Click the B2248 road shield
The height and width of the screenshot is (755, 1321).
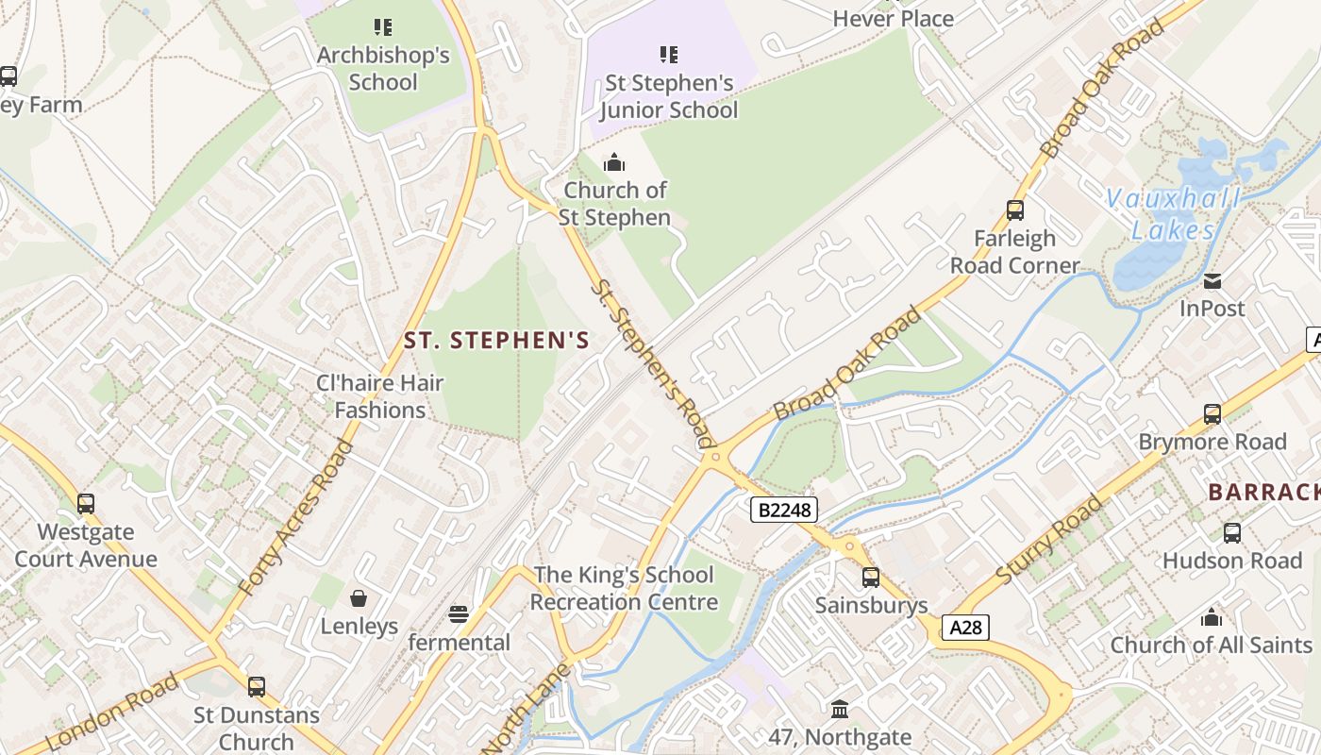tap(783, 511)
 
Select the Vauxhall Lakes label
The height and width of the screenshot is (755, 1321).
tap(1173, 214)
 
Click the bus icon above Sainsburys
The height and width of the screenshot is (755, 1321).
tap(871, 578)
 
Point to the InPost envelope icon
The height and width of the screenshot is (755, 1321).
tap(1212, 280)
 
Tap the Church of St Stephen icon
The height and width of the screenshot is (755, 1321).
tap(614, 162)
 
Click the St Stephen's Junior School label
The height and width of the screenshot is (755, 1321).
tap(668, 96)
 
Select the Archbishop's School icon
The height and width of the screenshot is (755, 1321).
tap(382, 27)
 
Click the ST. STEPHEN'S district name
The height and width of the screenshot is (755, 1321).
tap(496, 341)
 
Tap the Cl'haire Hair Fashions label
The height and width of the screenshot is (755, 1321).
tap(380, 396)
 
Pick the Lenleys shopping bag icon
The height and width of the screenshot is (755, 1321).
tap(359, 598)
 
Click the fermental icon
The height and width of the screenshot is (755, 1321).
tap(459, 615)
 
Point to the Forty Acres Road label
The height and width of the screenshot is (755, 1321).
tap(295, 517)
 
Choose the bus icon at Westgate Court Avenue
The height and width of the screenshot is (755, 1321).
tap(86, 504)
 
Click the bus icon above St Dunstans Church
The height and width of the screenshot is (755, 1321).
tap(256, 687)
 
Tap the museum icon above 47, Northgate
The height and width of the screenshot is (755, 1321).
tap(840, 709)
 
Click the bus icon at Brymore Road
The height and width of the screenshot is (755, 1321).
tap(1212, 414)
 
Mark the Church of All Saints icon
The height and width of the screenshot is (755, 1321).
tap(1212, 618)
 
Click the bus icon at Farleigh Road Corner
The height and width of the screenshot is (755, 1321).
tap(1015, 210)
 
